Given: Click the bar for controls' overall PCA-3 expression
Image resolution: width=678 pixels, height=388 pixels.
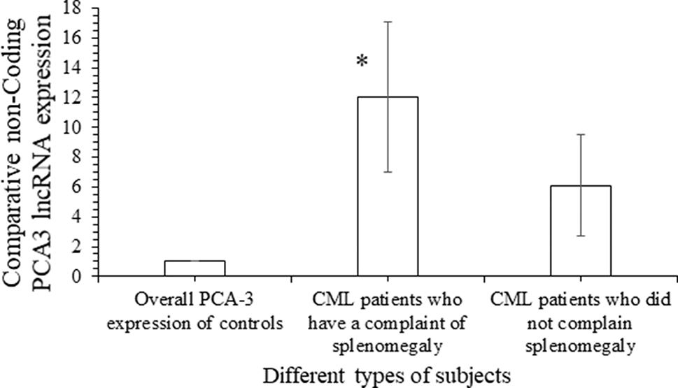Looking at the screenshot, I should coord(195,269).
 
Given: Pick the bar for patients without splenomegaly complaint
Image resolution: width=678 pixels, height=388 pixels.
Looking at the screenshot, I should coord(581,231).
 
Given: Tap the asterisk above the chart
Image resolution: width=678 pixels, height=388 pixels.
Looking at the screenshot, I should coord(362,62).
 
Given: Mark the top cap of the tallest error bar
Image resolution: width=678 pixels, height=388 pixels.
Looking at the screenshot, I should coord(388,22).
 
